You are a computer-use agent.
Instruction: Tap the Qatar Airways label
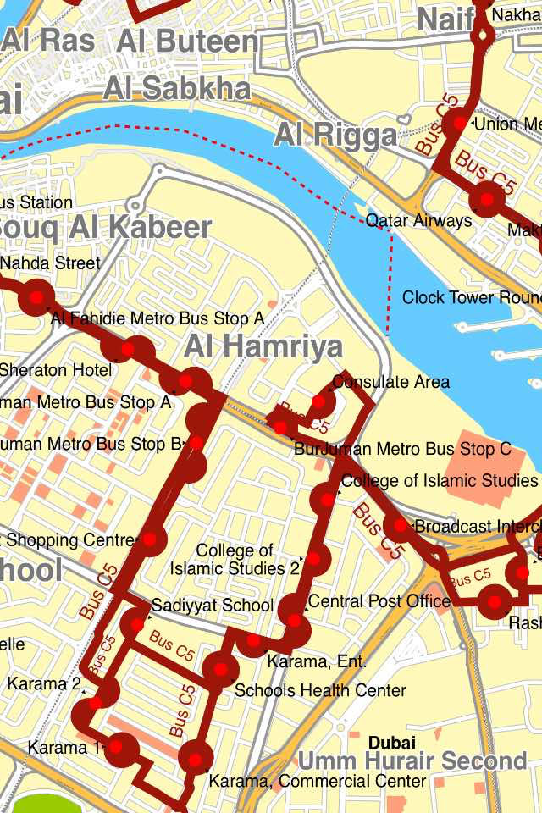418,221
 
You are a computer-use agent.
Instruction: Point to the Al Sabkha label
177,88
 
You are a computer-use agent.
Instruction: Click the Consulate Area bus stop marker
318,401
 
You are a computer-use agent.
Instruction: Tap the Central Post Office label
379,601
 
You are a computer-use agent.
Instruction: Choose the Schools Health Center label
320,690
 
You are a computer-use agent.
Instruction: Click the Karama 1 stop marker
122,748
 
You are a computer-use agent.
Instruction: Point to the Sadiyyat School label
213,606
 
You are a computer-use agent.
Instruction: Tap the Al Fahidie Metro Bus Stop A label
158,318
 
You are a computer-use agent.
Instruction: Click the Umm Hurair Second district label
412,760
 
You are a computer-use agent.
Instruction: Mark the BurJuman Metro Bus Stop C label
402,449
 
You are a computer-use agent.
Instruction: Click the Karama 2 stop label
45,683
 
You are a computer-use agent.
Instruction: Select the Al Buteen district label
188,41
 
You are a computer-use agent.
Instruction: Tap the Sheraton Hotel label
55,370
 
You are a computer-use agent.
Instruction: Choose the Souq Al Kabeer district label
106,228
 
